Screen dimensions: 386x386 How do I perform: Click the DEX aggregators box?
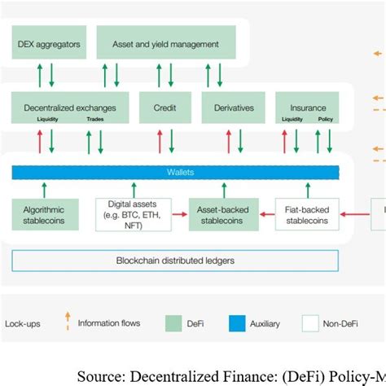coord(48,43)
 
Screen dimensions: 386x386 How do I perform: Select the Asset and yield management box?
coord(166,43)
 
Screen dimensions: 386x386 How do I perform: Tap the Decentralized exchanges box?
coord(69,107)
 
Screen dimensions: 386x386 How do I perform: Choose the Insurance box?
coord(307,107)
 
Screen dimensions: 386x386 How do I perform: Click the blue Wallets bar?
coord(175,172)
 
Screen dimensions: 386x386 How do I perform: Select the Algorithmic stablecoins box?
coord(45,214)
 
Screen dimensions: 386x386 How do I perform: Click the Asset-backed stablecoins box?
coord(219,214)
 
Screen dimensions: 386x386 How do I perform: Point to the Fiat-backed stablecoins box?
coord(306,214)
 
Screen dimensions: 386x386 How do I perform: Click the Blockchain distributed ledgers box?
coord(175,261)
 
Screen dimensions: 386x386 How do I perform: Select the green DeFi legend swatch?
coord(174,322)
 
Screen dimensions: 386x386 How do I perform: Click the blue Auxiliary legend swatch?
coord(237,322)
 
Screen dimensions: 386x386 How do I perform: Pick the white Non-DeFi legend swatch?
coord(310,322)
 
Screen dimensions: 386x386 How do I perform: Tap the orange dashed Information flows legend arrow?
coord(67,322)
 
